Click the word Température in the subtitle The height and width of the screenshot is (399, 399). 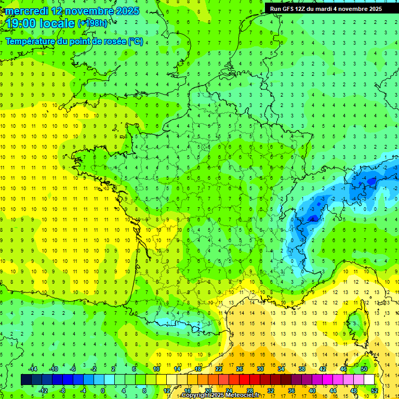(30, 42)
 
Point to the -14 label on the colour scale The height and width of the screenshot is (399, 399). (32, 369)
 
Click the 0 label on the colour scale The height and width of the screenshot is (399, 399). (103, 390)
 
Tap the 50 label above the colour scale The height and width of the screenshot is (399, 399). (364, 369)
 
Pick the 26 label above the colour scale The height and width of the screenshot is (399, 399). (240, 369)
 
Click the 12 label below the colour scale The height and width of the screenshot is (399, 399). (167, 390)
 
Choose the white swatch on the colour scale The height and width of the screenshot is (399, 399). (369, 379)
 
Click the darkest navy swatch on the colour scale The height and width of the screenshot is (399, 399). (26, 379)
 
